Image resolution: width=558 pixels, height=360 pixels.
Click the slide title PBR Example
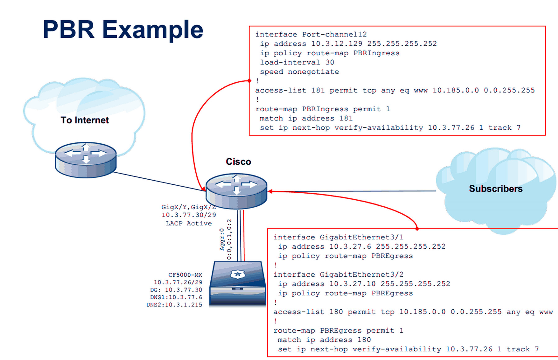coord(123,30)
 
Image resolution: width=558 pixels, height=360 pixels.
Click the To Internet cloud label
coord(85,120)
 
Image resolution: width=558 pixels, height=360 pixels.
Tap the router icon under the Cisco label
coord(236,191)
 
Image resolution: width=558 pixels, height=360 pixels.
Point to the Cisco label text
coord(238,162)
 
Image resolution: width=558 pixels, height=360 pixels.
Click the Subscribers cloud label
coord(495,189)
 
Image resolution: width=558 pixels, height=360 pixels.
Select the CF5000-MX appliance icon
coord(238,283)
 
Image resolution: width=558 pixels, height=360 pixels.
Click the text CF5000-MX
coord(185,275)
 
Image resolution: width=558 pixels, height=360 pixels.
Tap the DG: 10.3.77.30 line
coord(176,290)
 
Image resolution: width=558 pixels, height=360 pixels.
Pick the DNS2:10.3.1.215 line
coord(174,305)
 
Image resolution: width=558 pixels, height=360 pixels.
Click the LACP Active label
coord(188,223)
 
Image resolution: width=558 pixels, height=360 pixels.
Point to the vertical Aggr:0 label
coord(222,239)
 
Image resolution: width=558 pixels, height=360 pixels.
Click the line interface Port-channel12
coord(311,34)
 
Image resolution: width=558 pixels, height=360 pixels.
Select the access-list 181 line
coord(395,90)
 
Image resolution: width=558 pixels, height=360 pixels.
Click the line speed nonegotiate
coord(299,72)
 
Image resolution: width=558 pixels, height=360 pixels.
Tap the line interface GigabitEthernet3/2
coord(338,275)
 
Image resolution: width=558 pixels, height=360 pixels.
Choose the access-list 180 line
coord(413,312)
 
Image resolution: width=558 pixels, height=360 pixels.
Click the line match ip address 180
coord(324,340)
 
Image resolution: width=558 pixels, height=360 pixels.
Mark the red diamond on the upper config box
coord(249,81)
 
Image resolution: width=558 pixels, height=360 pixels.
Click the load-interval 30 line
coord(297,62)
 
